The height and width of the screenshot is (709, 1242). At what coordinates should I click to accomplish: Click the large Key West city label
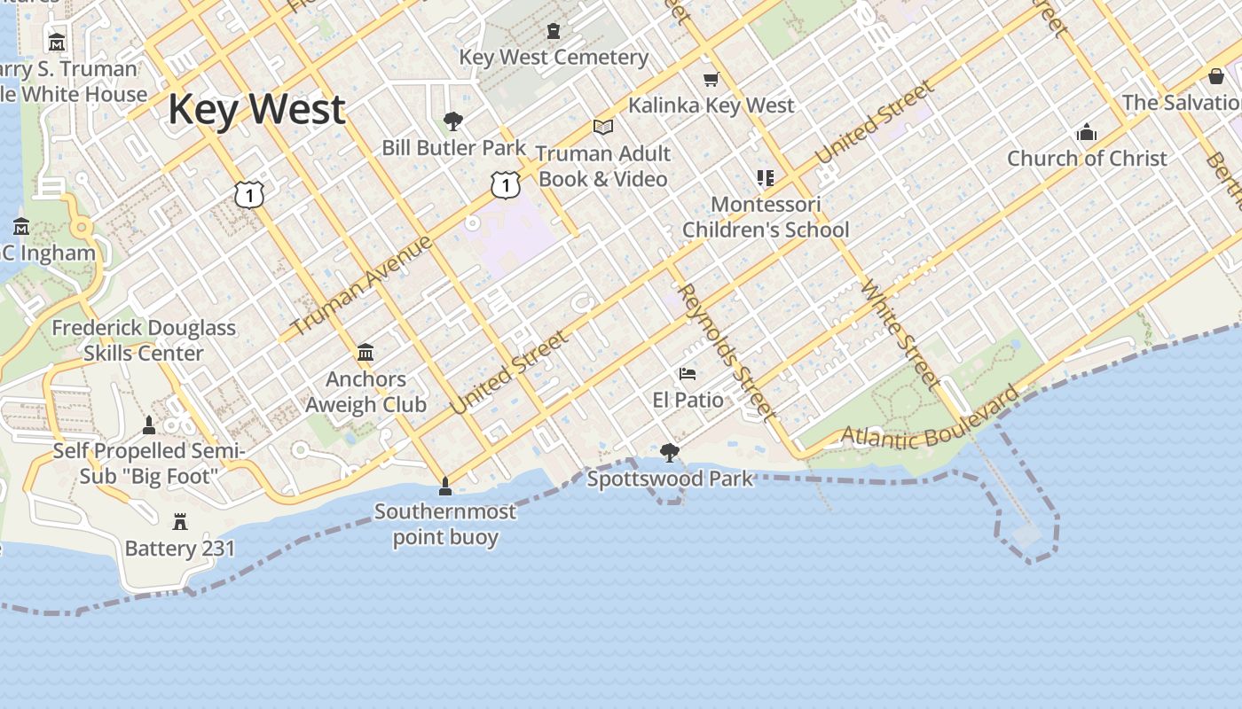point(256,109)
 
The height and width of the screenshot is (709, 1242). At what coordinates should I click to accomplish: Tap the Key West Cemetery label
point(554,58)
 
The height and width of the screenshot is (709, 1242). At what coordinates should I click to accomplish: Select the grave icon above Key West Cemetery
point(554,31)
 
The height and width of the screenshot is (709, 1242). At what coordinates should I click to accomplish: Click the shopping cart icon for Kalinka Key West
point(711,80)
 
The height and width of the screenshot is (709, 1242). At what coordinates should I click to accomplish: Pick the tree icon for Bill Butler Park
point(453,121)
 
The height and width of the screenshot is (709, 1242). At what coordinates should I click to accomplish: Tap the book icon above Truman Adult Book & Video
point(603,128)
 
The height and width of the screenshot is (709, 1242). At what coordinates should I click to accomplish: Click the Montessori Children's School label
point(766,217)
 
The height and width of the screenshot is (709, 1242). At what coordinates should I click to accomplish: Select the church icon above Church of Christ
point(1087,133)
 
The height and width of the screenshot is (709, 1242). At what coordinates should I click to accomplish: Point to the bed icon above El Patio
point(688,374)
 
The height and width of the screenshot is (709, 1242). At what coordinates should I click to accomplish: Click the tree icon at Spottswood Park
point(670,453)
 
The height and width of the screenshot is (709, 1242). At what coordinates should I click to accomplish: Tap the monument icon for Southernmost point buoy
point(445,486)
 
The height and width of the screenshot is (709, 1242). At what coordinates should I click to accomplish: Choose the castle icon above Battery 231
point(180,521)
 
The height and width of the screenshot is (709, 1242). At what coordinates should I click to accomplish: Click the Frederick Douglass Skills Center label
point(144,340)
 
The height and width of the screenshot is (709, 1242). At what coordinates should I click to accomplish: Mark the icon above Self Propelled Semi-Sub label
point(149,425)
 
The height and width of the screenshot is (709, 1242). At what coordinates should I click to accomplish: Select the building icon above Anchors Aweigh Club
point(366,353)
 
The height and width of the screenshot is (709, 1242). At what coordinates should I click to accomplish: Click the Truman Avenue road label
point(361,285)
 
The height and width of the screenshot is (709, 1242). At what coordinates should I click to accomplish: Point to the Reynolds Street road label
point(726,351)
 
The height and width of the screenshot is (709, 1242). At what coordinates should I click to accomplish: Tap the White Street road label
point(899,335)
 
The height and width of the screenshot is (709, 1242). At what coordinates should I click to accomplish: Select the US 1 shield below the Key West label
point(250,194)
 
